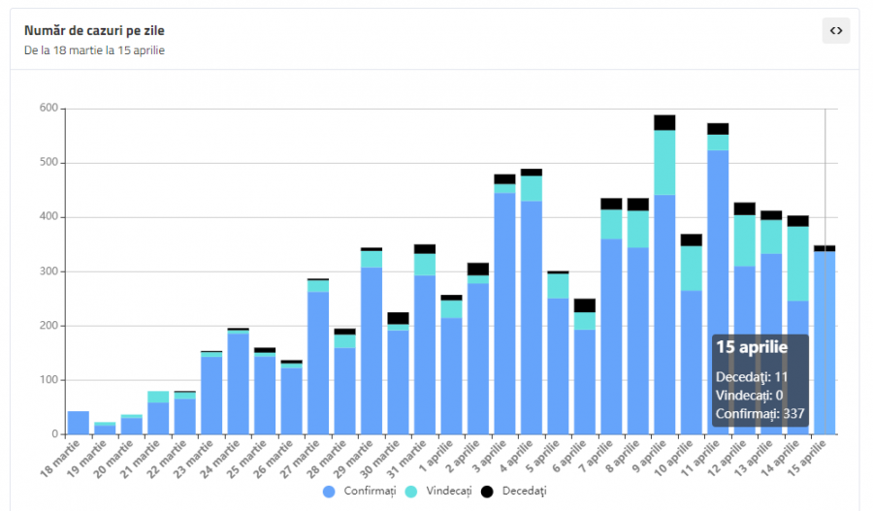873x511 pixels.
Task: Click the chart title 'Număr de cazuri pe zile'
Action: click(x=94, y=30)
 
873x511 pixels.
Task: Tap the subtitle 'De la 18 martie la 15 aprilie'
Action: click(x=94, y=49)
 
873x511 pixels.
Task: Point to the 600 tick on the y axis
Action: click(x=48, y=109)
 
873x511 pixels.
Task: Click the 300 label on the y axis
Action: click(x=48, y=271)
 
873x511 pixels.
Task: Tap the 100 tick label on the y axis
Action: click(x=48, y=380)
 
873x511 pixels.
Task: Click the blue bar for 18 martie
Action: click(x=79, y=423)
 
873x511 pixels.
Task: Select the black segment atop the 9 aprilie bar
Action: click(x=664, y=122)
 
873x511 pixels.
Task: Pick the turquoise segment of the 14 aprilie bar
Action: click(x=797, y=263)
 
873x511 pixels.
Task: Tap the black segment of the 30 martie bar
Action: click(x=398, y=318)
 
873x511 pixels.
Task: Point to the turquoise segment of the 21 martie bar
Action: click(x=158, y=397)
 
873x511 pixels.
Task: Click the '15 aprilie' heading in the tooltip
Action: click(x=752, y=347)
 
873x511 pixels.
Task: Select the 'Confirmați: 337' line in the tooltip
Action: click(x=759, y=414)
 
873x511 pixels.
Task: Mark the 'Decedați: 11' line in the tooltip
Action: click(x=752, y=376)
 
